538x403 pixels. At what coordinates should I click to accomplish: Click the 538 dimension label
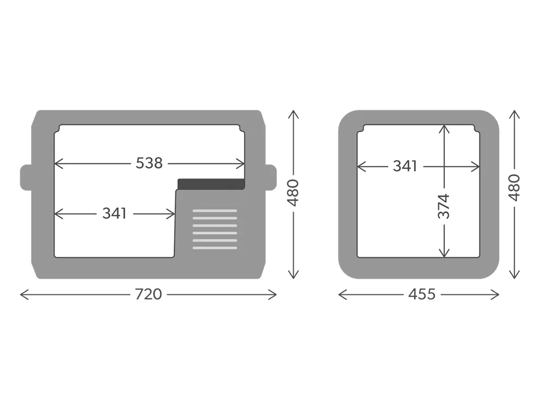[x=149, y=163]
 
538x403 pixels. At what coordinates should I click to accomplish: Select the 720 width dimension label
[x=148, y=294]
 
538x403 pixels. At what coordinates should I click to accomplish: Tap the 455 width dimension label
[x=422, y=294]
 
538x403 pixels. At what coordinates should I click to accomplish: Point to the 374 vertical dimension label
[x=443, y=206]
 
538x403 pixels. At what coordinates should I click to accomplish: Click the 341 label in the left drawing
[x=115, y=214]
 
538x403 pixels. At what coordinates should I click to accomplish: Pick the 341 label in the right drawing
[x=405, y=166]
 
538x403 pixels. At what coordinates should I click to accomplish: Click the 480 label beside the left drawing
[x=293, y=193]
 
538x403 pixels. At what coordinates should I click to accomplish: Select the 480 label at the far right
[x=514, y=187]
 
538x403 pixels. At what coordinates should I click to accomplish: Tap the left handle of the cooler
[x=26, y=177]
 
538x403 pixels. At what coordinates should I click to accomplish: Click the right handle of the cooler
[x=271, y=177]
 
